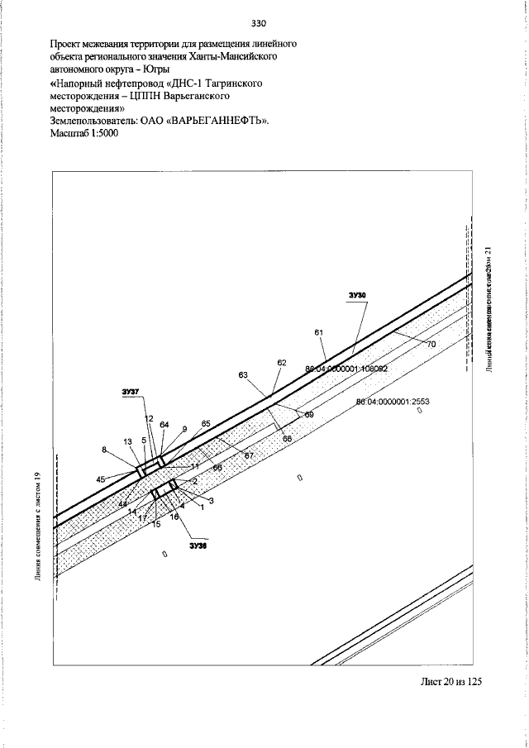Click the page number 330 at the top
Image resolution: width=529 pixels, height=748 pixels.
[x=264, y=21]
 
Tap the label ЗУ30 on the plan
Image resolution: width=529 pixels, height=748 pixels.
[x=356, y=295]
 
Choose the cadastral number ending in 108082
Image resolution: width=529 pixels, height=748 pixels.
[x=346, y=369]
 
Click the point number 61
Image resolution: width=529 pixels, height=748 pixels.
[x=318, y=332]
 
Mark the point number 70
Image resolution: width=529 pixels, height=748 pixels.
[x=431, y=344]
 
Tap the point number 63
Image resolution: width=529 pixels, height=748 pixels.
[x=243, y=375]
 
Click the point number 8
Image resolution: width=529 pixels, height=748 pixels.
[x=105, y=450]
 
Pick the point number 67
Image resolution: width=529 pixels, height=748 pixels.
[x=248, y=455]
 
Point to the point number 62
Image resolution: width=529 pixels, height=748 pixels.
[x=282, y=363]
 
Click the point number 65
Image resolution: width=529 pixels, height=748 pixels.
[x=206, y=423]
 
